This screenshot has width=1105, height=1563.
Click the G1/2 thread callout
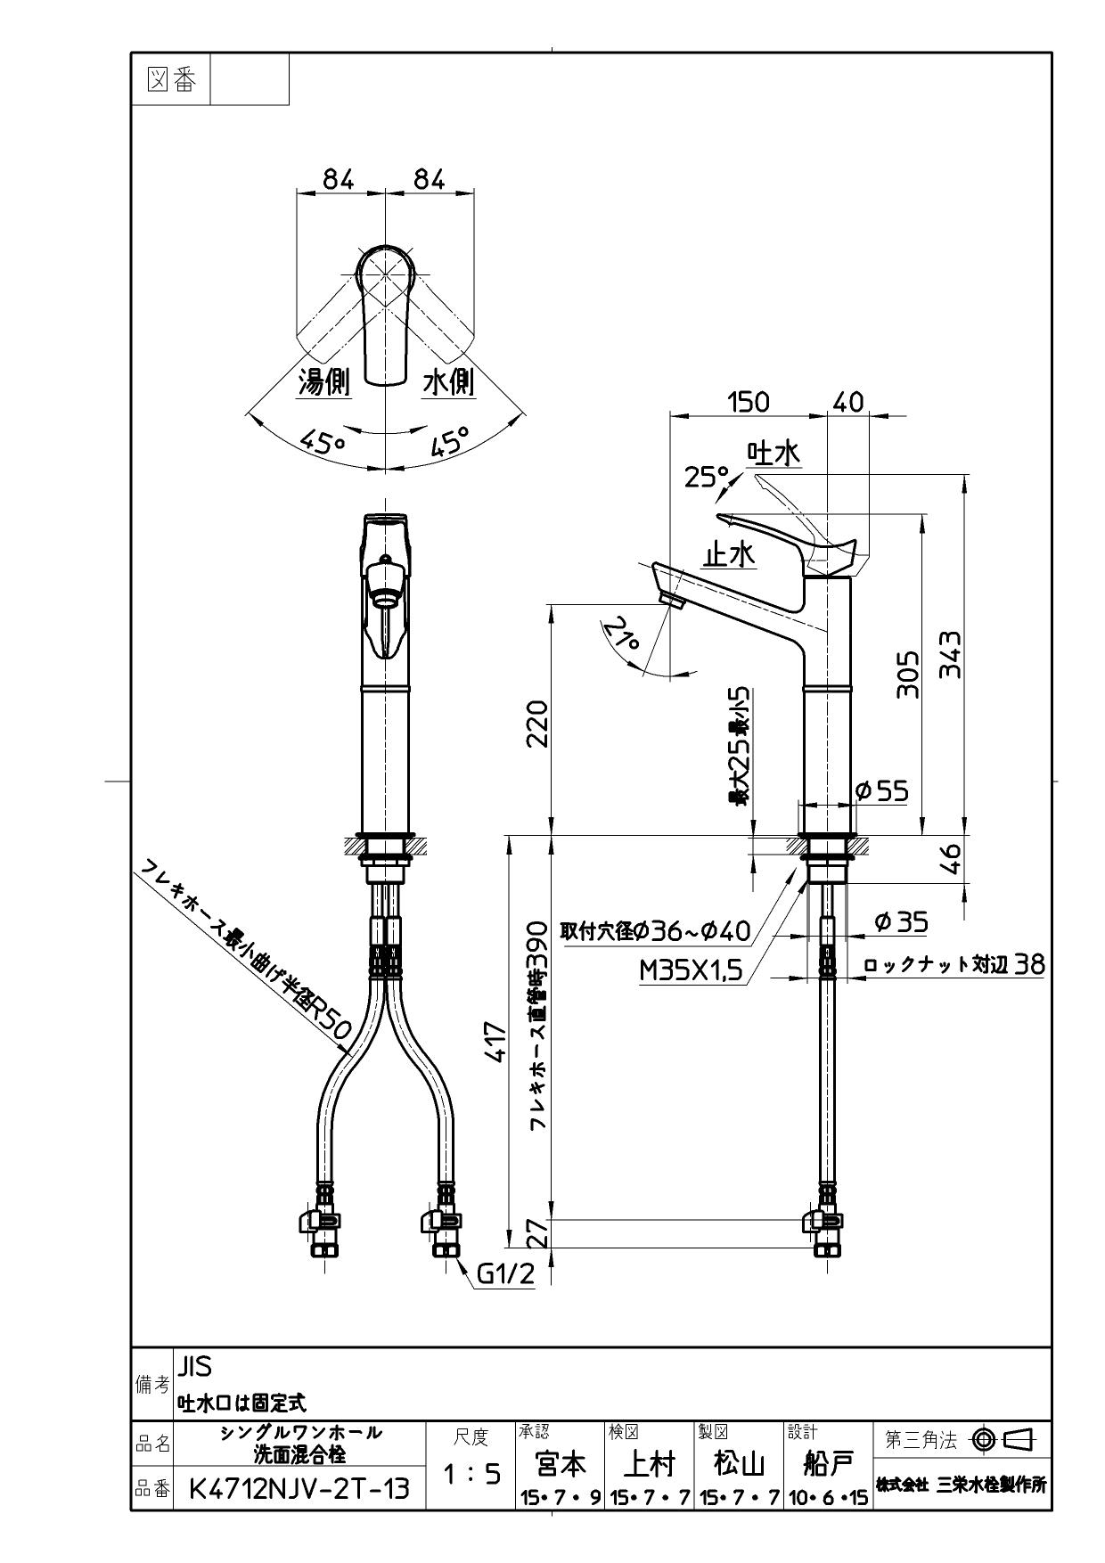[505, 1274]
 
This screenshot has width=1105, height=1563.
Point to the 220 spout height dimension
[537, 724]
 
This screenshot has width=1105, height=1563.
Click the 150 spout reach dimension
[748, 402]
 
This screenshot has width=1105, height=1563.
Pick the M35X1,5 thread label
[691, 970]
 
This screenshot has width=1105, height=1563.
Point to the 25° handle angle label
[706, 478]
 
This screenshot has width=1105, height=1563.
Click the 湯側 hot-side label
[323, 382]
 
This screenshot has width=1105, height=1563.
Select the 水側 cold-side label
[448, 382]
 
